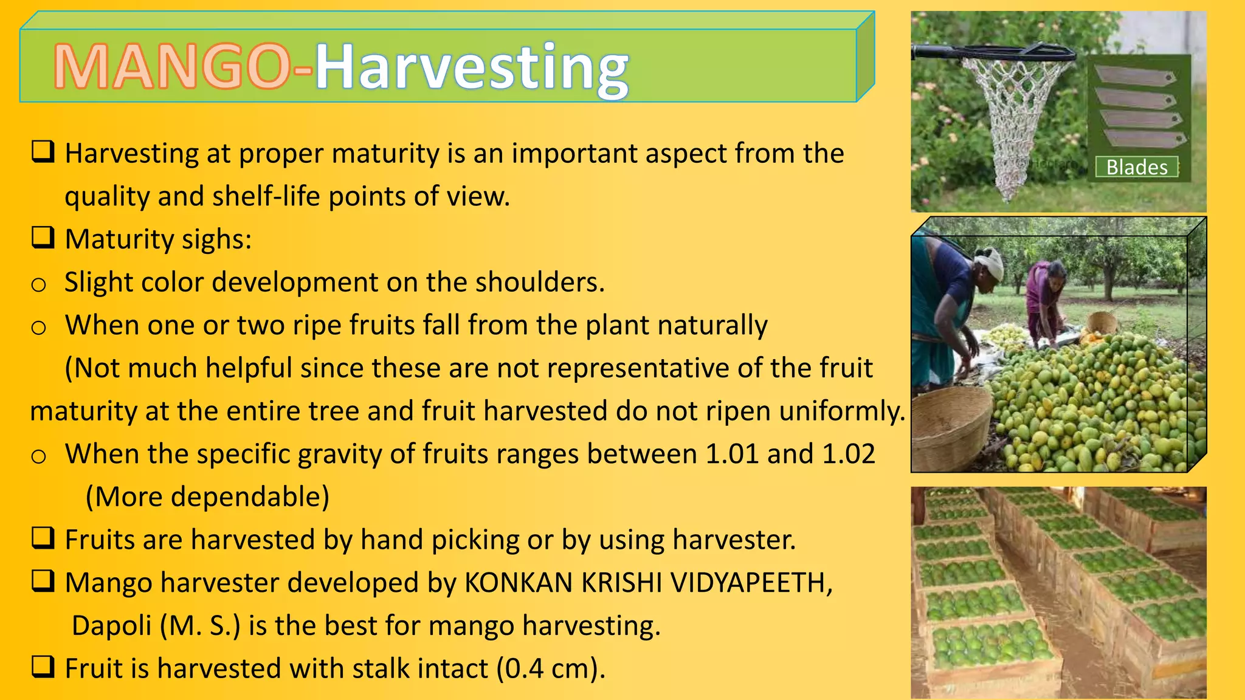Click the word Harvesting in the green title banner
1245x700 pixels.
(x=472, y=67)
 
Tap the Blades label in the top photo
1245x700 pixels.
(x=1136, y=167)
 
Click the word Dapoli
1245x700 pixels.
(x=112, y=626)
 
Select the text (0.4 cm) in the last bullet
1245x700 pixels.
(x=551, y=668)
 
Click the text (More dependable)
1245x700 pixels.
(x=207, y=497)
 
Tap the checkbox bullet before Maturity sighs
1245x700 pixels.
(x=43, y=238)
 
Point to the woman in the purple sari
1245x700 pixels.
(x=1043, y=298)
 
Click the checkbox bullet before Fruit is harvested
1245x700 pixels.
(x=43, y=667)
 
